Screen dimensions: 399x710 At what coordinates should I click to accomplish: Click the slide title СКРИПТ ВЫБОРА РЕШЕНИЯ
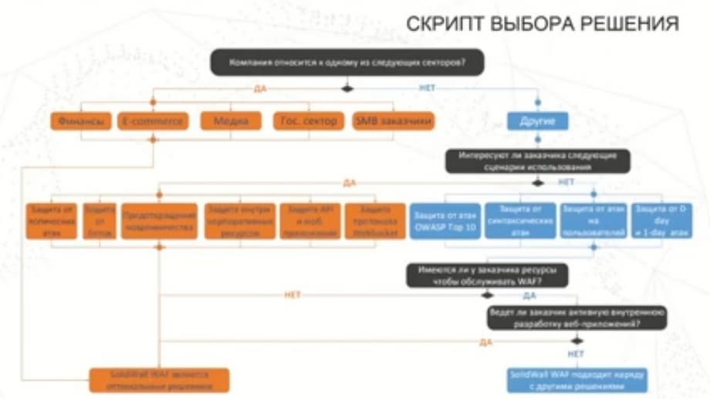click(543, 24)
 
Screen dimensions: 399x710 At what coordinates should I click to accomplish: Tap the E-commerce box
click(153, 121)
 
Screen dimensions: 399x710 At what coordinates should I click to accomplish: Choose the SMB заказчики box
click(393, 121)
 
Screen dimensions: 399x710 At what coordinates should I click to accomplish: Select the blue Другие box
click(538, 121)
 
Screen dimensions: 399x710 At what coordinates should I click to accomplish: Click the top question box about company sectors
click(347, 62)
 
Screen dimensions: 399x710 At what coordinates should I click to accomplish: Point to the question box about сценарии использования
click(538, 161)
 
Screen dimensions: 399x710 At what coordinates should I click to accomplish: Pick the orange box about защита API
click(309, 221)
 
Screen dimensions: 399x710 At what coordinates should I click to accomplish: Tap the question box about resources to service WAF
click(488, 276)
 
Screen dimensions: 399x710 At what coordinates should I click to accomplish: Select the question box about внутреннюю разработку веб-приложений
click(577, 319)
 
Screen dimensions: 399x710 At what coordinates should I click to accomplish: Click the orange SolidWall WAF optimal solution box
click(160, 379)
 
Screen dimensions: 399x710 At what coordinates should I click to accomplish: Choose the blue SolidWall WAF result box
click(577, 379)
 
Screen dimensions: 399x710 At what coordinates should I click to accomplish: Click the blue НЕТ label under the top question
click(427, 88)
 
